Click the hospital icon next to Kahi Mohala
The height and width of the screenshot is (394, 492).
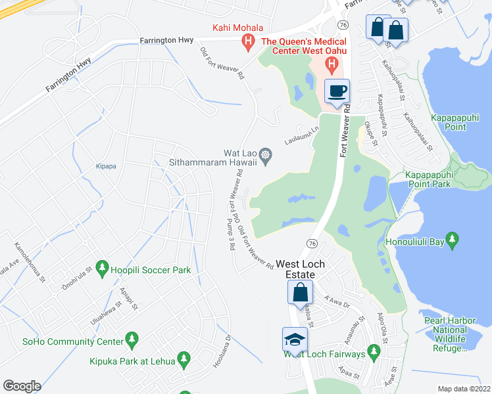click(248, 43)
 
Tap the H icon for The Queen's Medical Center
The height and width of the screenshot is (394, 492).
click(332, 65)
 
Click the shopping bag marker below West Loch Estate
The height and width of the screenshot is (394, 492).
click(300, 292)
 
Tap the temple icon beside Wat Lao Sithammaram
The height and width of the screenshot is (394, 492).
click(265, 154)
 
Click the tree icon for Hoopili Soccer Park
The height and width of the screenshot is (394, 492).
click(101, 267)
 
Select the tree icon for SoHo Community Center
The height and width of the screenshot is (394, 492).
click(132, 339)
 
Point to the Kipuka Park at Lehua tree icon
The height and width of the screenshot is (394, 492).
click(184, 359)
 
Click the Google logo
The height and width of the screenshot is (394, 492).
click(22, 386)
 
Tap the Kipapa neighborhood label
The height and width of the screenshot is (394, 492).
click(105, 166)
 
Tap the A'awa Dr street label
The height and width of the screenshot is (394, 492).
click(339, 300)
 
